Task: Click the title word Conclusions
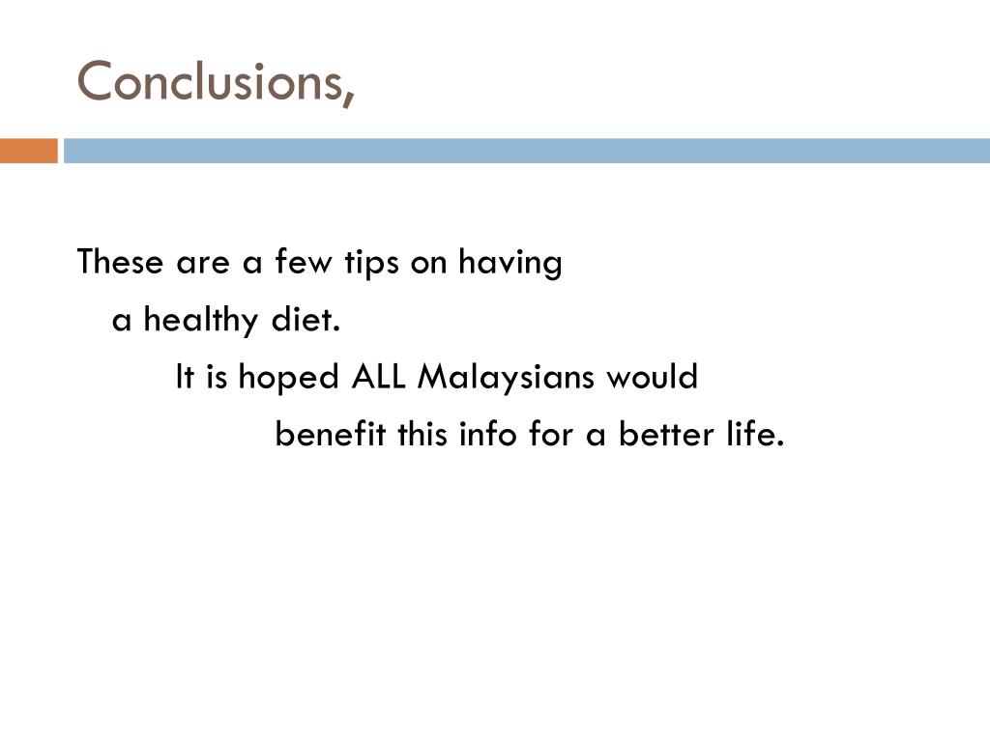tap(208, 81)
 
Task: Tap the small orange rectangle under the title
tap(28, 151)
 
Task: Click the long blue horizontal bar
tap(527, 151)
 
